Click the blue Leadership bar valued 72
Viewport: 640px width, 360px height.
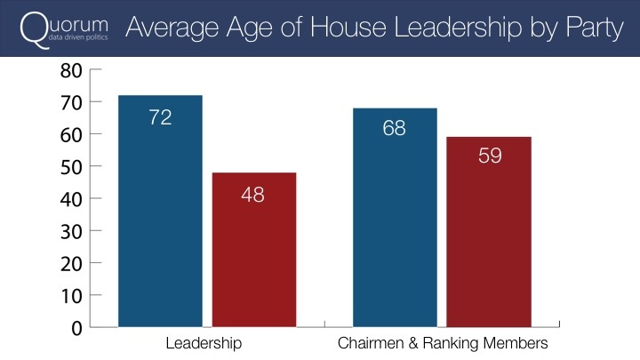point(160,211)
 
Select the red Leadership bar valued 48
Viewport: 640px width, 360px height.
point(254,250)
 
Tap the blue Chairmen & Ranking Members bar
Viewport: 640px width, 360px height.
point(395,218)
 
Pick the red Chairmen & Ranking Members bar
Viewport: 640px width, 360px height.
point(489,232)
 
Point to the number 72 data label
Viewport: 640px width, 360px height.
point(160,117)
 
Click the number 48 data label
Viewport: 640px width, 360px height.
point(252,195)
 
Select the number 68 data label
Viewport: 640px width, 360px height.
point(395,128)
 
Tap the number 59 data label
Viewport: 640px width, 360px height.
point(490,156)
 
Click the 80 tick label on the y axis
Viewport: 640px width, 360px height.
point(71,70)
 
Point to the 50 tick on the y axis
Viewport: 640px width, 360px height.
point(71,167)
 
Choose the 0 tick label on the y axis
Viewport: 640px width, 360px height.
point(76,328)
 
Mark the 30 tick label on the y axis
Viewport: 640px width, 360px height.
point(71,232)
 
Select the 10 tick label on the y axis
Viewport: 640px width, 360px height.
point(72,296)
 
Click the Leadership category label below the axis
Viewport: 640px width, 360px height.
point(204,344)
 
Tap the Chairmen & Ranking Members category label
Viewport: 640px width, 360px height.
point(443,343)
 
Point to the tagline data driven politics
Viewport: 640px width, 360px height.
point(78,37)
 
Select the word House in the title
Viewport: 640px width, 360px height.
point(348,28)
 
